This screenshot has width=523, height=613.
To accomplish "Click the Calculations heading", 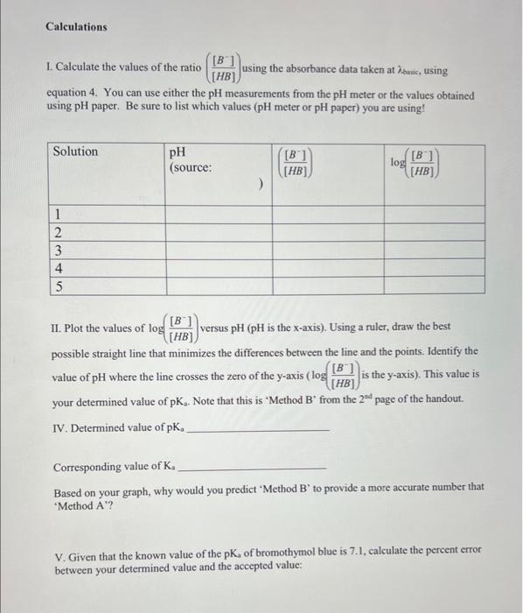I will (76, 26).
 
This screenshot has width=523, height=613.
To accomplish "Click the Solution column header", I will (76, 151).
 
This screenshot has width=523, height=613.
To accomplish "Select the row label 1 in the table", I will (57, 214).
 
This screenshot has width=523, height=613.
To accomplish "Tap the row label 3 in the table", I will (57, 250).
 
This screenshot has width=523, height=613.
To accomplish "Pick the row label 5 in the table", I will (57, 285).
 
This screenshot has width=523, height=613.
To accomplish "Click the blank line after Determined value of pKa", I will (259, 430).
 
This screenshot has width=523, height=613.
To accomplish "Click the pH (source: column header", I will (191, 159).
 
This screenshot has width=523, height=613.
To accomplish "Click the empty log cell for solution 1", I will (431, 214).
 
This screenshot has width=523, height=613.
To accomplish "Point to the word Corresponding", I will (93, 467).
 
